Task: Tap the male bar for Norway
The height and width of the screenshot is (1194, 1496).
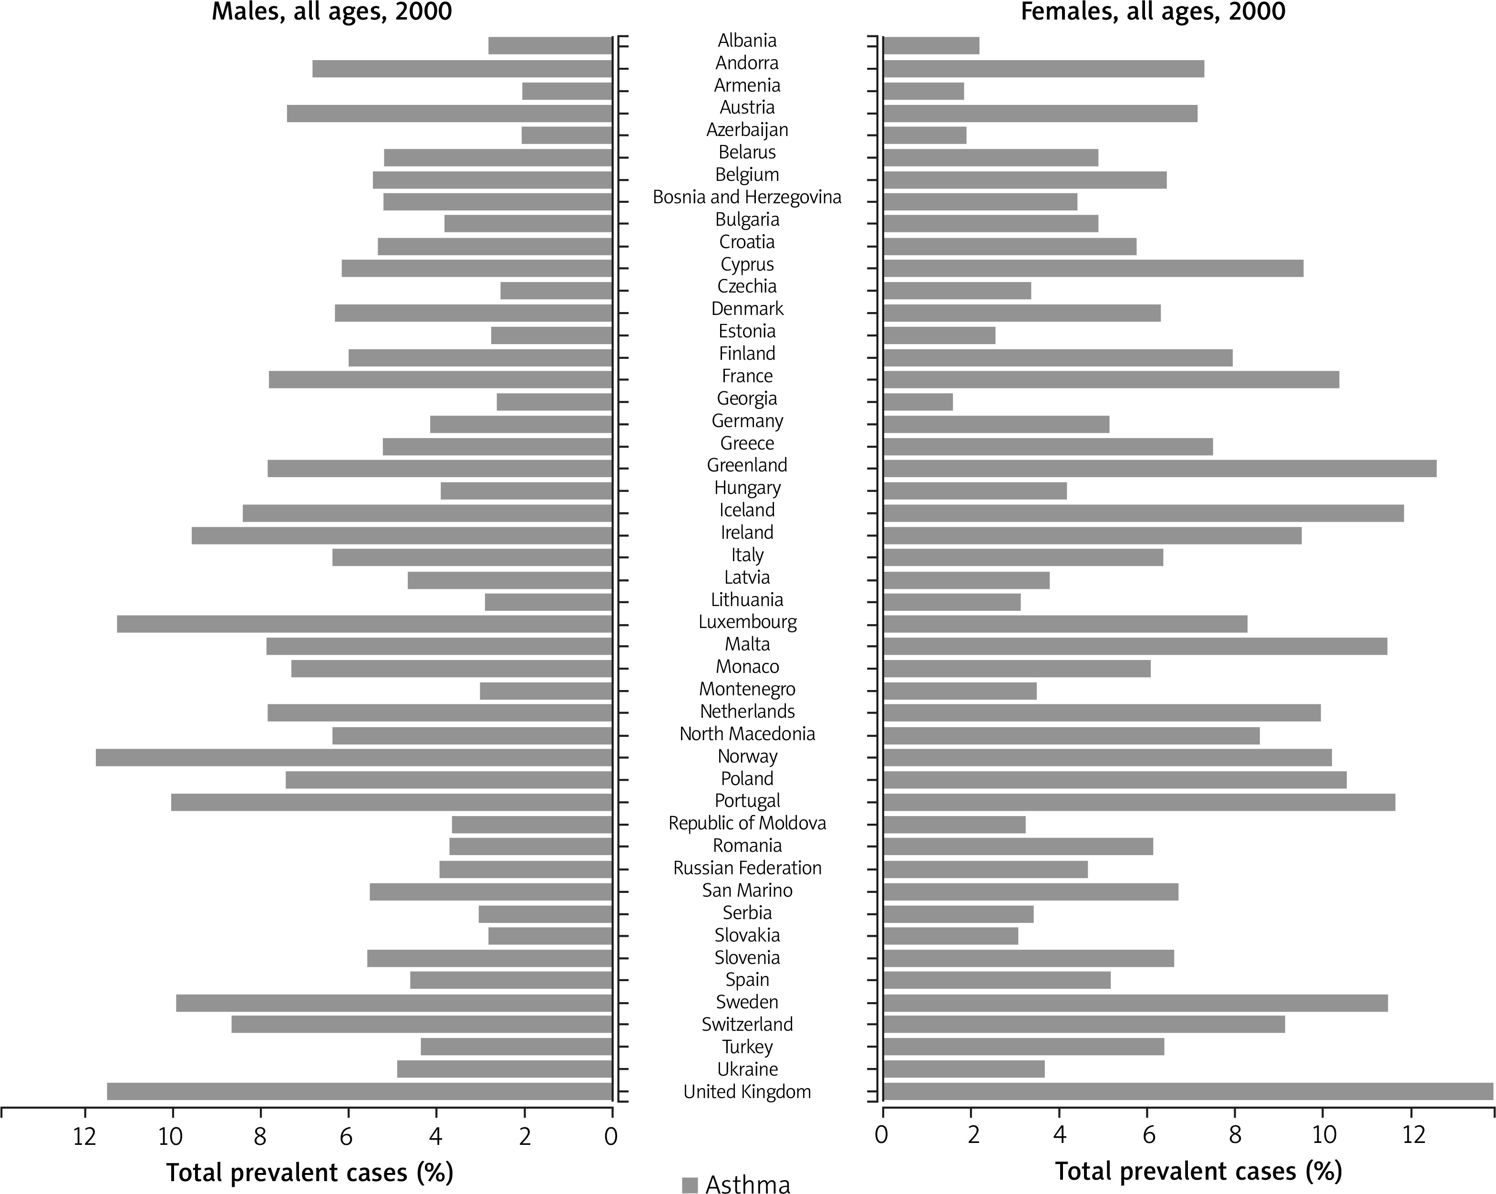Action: click(x=354, y=757)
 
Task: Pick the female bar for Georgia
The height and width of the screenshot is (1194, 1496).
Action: click(x=918, y=402)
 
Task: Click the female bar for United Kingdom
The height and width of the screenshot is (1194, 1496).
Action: click(x=1188, y=1091)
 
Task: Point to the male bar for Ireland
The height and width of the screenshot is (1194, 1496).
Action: click(x=402, y=535)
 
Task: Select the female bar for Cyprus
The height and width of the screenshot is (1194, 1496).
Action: click(x=1093, y=268)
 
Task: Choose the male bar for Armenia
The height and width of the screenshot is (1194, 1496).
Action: click(x=567, y=91)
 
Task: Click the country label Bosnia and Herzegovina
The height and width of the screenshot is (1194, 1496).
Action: click(x=747, y=197)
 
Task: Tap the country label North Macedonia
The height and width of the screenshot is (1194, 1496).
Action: click(x=747, y=734)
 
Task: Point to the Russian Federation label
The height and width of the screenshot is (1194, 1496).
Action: click(x=747, y=868)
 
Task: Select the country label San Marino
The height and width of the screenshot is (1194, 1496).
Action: click(x=747, y=890)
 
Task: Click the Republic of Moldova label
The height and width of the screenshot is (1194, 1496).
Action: click(x=747, y=823)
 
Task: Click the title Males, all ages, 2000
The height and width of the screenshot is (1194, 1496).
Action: click(x=331, y=12)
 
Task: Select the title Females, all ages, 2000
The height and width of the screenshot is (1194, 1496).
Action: click(x=1153, y=12)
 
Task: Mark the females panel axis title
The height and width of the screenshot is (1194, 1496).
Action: click(x=1198, y=1172)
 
